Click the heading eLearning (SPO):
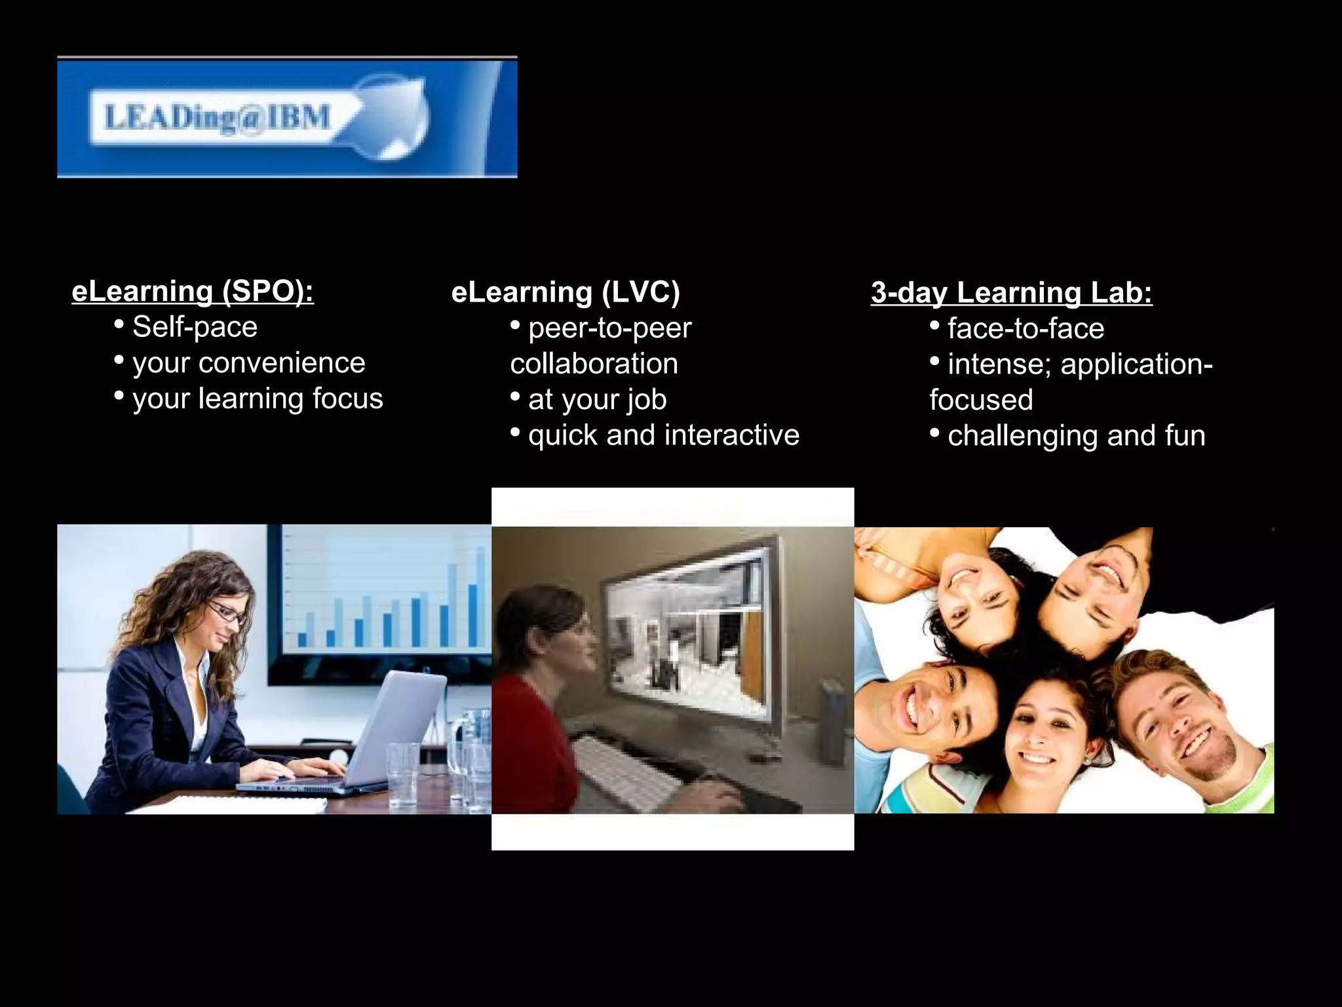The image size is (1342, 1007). pos(193,292)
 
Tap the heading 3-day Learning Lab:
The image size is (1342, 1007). pos(1011,292)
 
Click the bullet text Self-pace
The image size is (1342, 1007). pos(195,327)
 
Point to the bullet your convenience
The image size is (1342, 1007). pos(248,363)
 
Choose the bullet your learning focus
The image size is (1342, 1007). pos(258,399)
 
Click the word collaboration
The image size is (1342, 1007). pos(594,364)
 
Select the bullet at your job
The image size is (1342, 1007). pos(597,400)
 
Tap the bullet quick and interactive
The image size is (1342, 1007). pos(663,435)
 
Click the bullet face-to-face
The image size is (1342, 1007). pos(1026,328)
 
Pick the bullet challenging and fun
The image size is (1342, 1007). pos(1076,436)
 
